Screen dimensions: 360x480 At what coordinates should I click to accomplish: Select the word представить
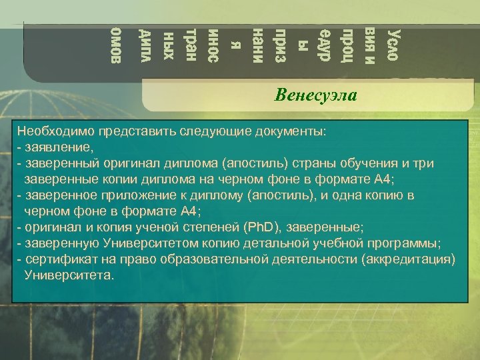pos(117,131)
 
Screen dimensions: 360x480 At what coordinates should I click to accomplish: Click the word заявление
pos(59,147)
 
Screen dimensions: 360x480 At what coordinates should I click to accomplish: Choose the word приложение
pos(126,195)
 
